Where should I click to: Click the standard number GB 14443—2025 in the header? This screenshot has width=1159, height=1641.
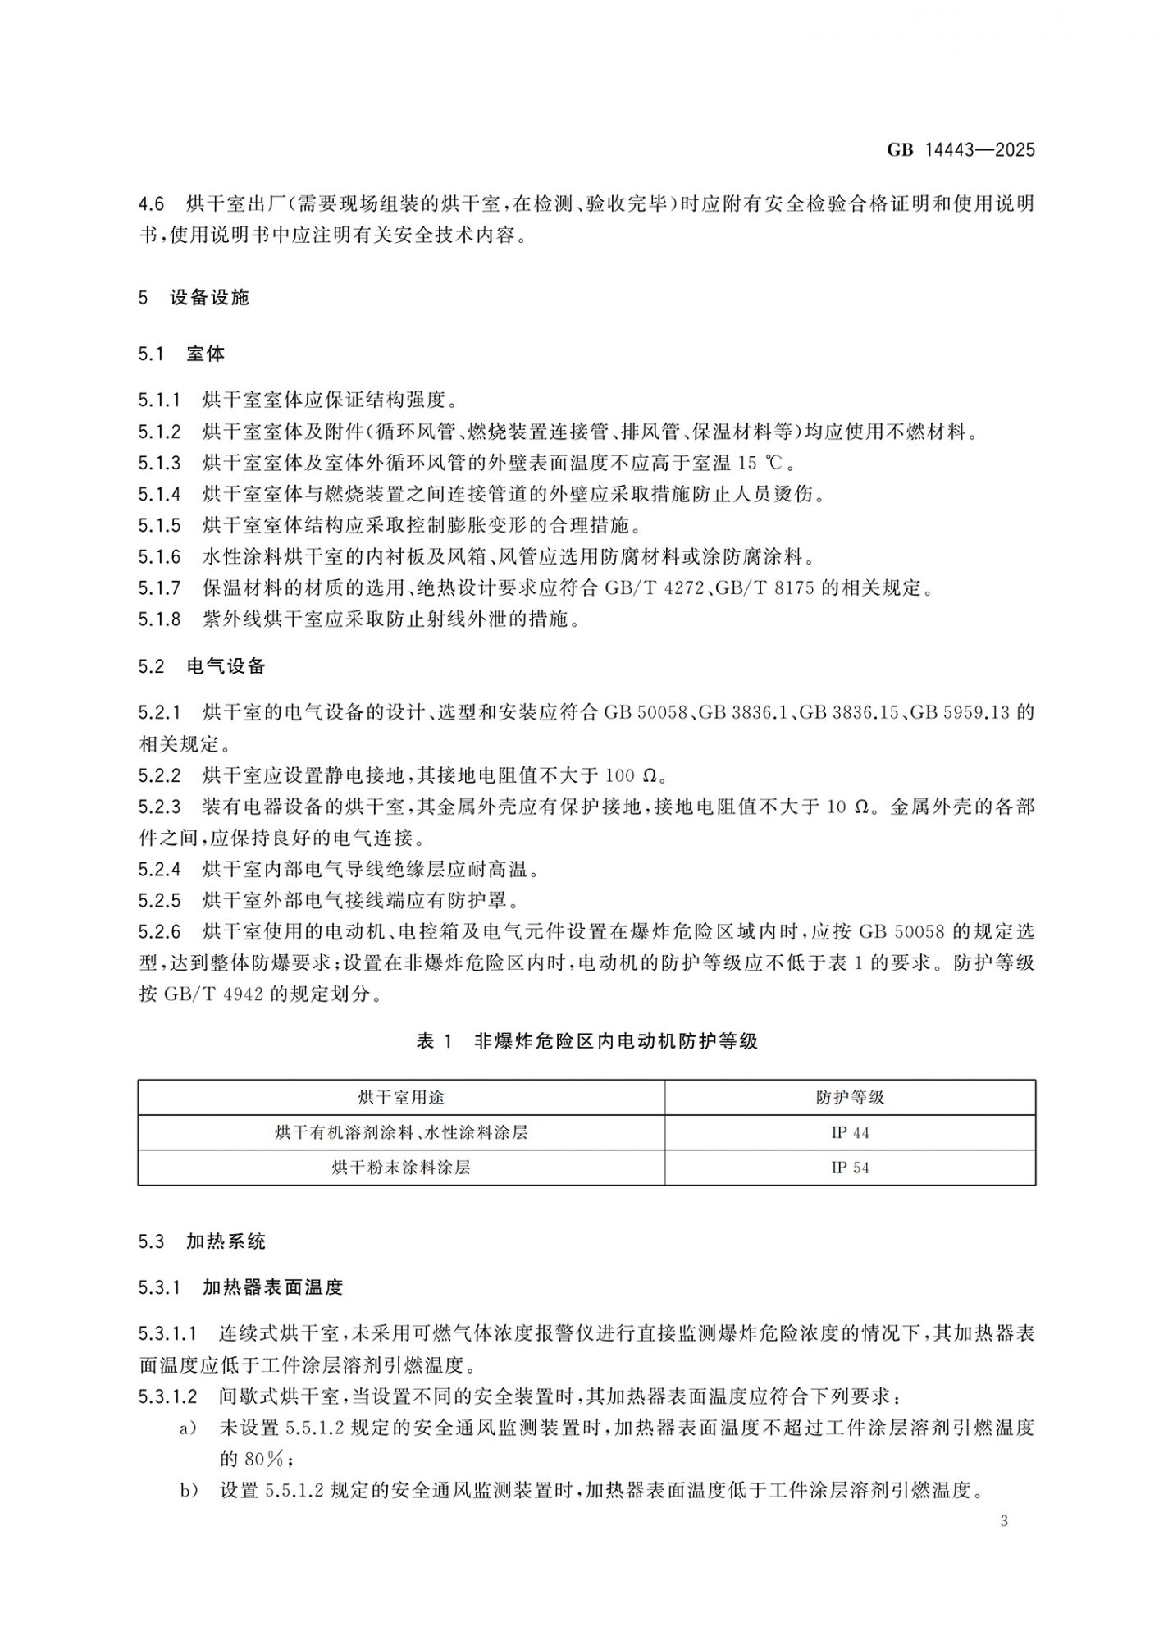coord(961,150)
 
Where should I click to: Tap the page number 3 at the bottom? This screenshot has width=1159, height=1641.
coord(1004,1521)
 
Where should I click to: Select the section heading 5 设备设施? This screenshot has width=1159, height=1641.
coord(194,298)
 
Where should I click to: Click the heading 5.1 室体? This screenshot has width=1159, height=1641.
coord(181,354)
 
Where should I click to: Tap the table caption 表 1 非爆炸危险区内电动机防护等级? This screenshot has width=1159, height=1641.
coord(586,1041)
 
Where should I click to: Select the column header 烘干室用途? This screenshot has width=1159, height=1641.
coord(401,1098)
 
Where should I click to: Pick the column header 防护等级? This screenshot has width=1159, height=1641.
coord(850,1098)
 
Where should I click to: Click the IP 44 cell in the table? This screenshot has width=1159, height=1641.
coord(850,1133)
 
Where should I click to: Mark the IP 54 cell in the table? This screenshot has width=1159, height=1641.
coord(850,1168)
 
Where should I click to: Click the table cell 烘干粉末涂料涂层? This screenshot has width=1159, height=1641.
coord(401,1168)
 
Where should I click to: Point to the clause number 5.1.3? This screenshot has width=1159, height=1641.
coord(159,464)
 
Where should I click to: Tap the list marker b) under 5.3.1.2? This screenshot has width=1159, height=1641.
coord(189,1490)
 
